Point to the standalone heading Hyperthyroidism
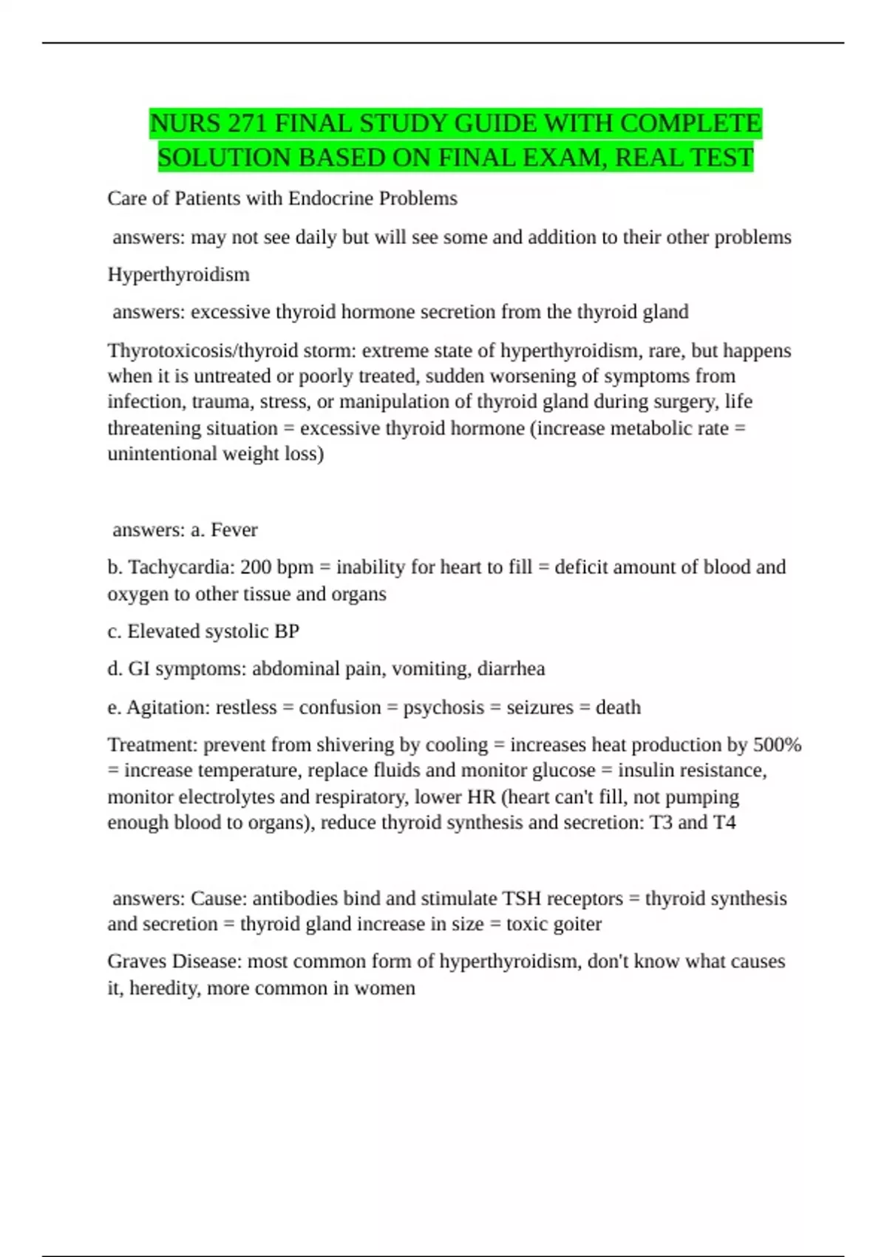click(x=178, y=274)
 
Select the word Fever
click(x=234, y=529)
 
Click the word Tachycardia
click(x=181, y=567)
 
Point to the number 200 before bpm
click(x=256, y=567)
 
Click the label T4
click(x=724, y=822)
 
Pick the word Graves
click(x=137, y=961)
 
